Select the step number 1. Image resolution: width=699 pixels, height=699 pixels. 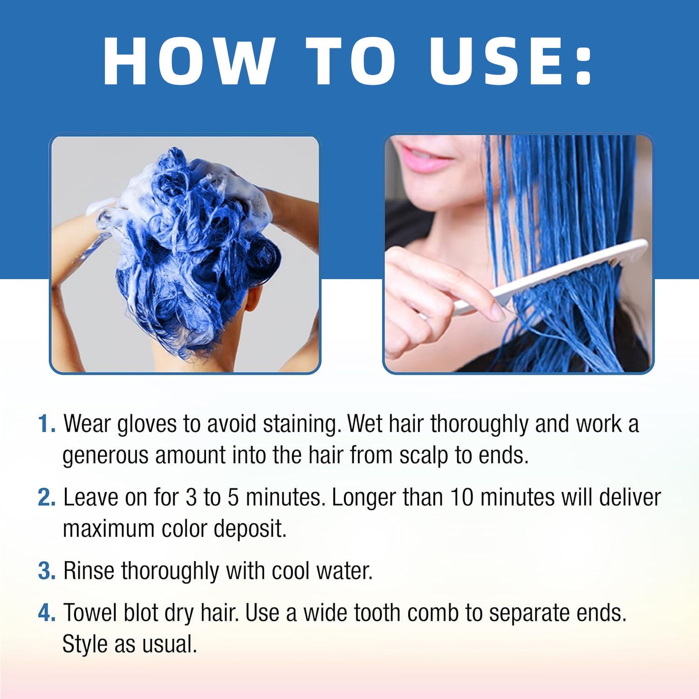point(46,424)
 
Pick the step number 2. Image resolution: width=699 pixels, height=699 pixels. point(46,498)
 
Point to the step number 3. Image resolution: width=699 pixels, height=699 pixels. point(46,571)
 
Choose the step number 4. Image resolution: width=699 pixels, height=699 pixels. point(46,613)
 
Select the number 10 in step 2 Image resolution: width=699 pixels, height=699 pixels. point(462,498)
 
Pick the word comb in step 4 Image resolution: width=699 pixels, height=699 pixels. point(432,613)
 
